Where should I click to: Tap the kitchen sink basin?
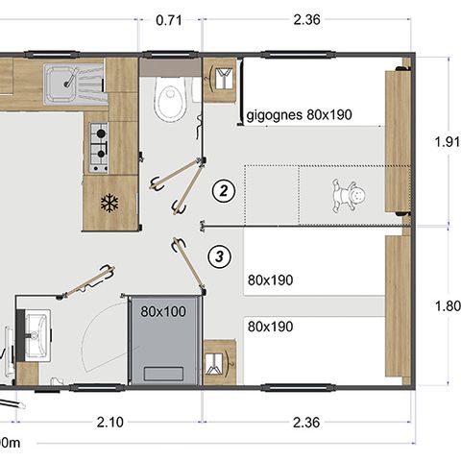coord(68,79)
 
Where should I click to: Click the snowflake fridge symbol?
coord(109,204)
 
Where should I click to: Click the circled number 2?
coord(223,190)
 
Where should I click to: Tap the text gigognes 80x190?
coord(300,115)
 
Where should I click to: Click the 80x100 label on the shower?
coord(163,311)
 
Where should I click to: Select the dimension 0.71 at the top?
coord(169,18)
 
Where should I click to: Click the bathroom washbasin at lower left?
coord(36,332)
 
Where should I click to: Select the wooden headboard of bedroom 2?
coord(396,142)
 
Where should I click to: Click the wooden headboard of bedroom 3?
coord(396,307)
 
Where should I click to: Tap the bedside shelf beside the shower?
coord(219,362)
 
